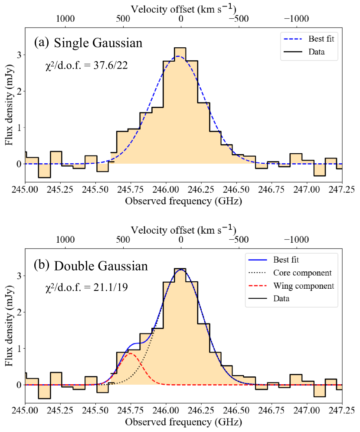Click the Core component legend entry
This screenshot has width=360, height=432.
point(302,273)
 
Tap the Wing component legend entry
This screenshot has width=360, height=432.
point(303,286)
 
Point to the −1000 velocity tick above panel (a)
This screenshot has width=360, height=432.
point(297,19)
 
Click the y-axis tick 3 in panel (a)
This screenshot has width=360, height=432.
point(18,55)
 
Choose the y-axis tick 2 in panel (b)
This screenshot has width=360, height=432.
point(18,312)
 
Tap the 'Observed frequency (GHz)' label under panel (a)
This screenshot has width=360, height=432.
point(183,201)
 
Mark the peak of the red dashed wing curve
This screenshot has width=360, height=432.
point(131,353)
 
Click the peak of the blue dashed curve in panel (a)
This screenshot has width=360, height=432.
point(179,56)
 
